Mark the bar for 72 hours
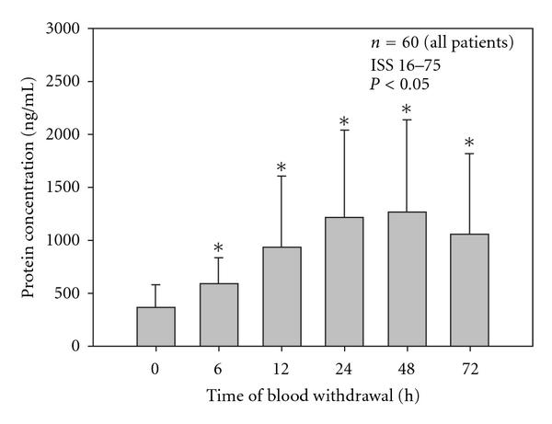point(469,290)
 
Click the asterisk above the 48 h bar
point(407,111)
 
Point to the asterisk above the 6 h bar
point(219,248)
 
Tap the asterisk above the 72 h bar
point(469,143)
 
